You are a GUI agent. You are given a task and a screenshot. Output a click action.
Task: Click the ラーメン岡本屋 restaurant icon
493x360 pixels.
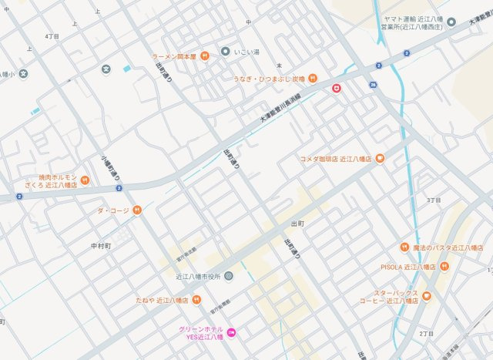click(x=205, y=56)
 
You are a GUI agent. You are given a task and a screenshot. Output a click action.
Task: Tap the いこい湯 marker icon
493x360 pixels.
click(x=225, y=52)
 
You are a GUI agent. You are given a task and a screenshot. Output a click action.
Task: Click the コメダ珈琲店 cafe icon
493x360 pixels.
click(x=380, y=159)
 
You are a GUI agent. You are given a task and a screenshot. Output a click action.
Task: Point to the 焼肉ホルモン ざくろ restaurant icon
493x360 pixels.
click(x=85, y=180)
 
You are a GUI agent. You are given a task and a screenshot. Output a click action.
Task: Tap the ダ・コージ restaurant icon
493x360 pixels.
click(x=136, y=210)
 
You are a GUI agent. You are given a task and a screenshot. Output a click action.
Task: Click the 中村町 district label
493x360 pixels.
click(x=101, y=246)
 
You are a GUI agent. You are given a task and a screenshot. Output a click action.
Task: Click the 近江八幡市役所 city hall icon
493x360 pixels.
click(x=229, y=276)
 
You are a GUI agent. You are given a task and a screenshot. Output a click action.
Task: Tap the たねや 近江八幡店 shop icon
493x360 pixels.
click(x=197, y=300)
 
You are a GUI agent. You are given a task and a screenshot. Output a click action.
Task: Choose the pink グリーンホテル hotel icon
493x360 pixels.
click(x=231, y=332)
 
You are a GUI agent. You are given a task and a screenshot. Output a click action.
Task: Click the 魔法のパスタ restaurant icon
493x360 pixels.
click(x=404, y=247)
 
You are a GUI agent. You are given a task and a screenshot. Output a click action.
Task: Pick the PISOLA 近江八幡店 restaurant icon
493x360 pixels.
click(x=444, y=266)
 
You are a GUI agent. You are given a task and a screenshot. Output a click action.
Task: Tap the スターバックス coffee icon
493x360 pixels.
click(x=427, y=296)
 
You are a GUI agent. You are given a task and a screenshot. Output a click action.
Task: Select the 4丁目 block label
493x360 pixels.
click(x=52, y=36)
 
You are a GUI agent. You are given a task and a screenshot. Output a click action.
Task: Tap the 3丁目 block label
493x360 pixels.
click(x=434, y=200)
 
